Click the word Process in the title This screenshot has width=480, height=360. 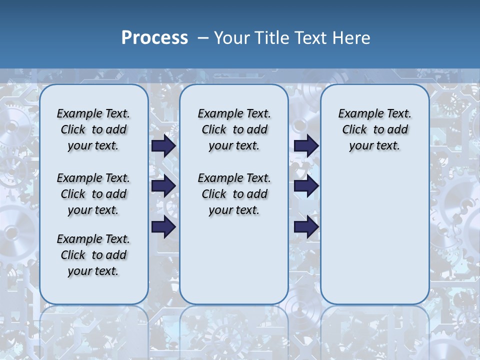tap(154, 37)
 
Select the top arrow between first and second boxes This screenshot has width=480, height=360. tap(163, 145)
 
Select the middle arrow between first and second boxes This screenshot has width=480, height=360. tap(163, 186)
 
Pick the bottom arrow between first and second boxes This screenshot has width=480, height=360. tap(163, 227)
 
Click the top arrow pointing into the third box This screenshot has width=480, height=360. tap(306, 145)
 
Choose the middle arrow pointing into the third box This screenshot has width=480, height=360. tap(306, 186)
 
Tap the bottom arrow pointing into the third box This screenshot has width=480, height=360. tap(306, 227)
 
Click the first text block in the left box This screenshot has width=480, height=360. tap(93, 129)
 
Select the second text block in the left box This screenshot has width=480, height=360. tap(93, 194)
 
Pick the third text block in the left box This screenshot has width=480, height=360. tap(93, 255)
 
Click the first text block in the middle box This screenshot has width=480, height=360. tap(234, 129)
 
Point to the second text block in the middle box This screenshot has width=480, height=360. tap(234, 194)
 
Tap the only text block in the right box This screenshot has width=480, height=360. tap(374, 129)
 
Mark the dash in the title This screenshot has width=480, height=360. tap(203, 37)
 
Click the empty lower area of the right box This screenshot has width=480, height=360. tap(374, 235)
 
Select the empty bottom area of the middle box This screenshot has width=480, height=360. tap(234, 265)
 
